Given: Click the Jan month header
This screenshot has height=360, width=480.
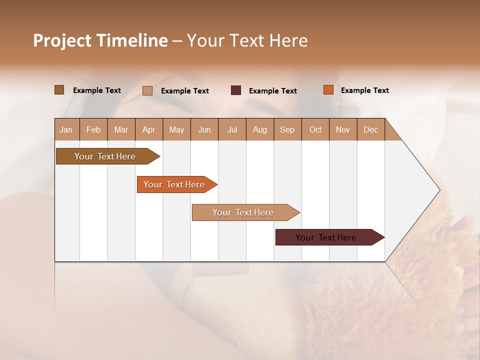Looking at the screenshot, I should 66,129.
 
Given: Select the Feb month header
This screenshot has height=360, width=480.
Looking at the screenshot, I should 93,129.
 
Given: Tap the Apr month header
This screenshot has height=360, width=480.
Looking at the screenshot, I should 148,129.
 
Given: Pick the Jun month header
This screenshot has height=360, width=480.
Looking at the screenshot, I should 204,129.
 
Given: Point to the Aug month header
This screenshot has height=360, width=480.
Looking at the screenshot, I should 259,129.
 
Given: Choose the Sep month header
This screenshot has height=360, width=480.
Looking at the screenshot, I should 287,129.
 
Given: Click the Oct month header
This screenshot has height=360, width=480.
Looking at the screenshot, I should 315,129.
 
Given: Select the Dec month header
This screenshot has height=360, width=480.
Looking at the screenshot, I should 370,129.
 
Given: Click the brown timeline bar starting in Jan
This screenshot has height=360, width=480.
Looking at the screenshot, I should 105,156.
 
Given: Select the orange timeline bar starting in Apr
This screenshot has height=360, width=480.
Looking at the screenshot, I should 174,184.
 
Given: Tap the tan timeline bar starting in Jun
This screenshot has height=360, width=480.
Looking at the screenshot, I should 243,212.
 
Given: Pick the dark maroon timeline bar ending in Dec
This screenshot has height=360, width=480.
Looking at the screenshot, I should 326,237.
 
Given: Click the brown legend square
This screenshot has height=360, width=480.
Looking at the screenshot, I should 59,90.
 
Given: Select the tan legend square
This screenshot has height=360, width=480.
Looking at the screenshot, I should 147,90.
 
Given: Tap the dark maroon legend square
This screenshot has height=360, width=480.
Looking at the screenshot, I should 236,90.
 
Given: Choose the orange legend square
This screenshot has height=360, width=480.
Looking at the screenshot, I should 328,90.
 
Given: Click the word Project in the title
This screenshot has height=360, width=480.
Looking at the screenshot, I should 62,40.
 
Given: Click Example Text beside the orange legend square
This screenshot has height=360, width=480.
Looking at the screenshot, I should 364,90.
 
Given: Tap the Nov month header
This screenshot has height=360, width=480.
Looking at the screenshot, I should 342,129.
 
